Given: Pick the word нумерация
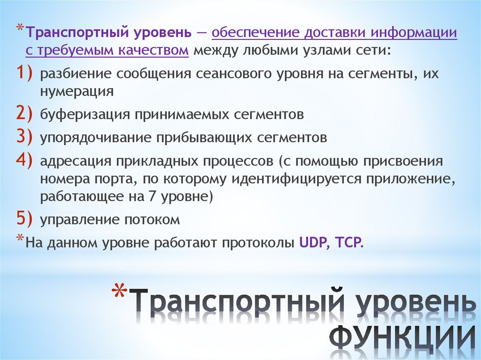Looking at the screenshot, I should point(77,91).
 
